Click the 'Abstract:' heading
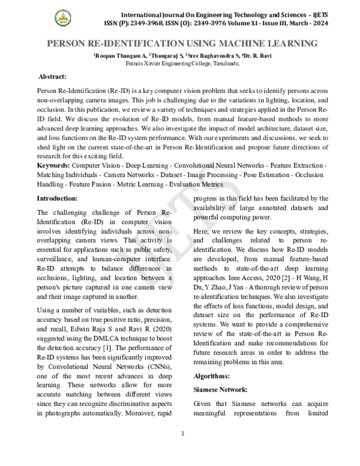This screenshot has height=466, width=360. click(x=56, y=77)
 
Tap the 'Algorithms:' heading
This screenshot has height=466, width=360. click(x=212, y=375)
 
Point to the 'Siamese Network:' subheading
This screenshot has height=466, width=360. click(x=220, y=389)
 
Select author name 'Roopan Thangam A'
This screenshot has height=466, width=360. click(x=116, y=55)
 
